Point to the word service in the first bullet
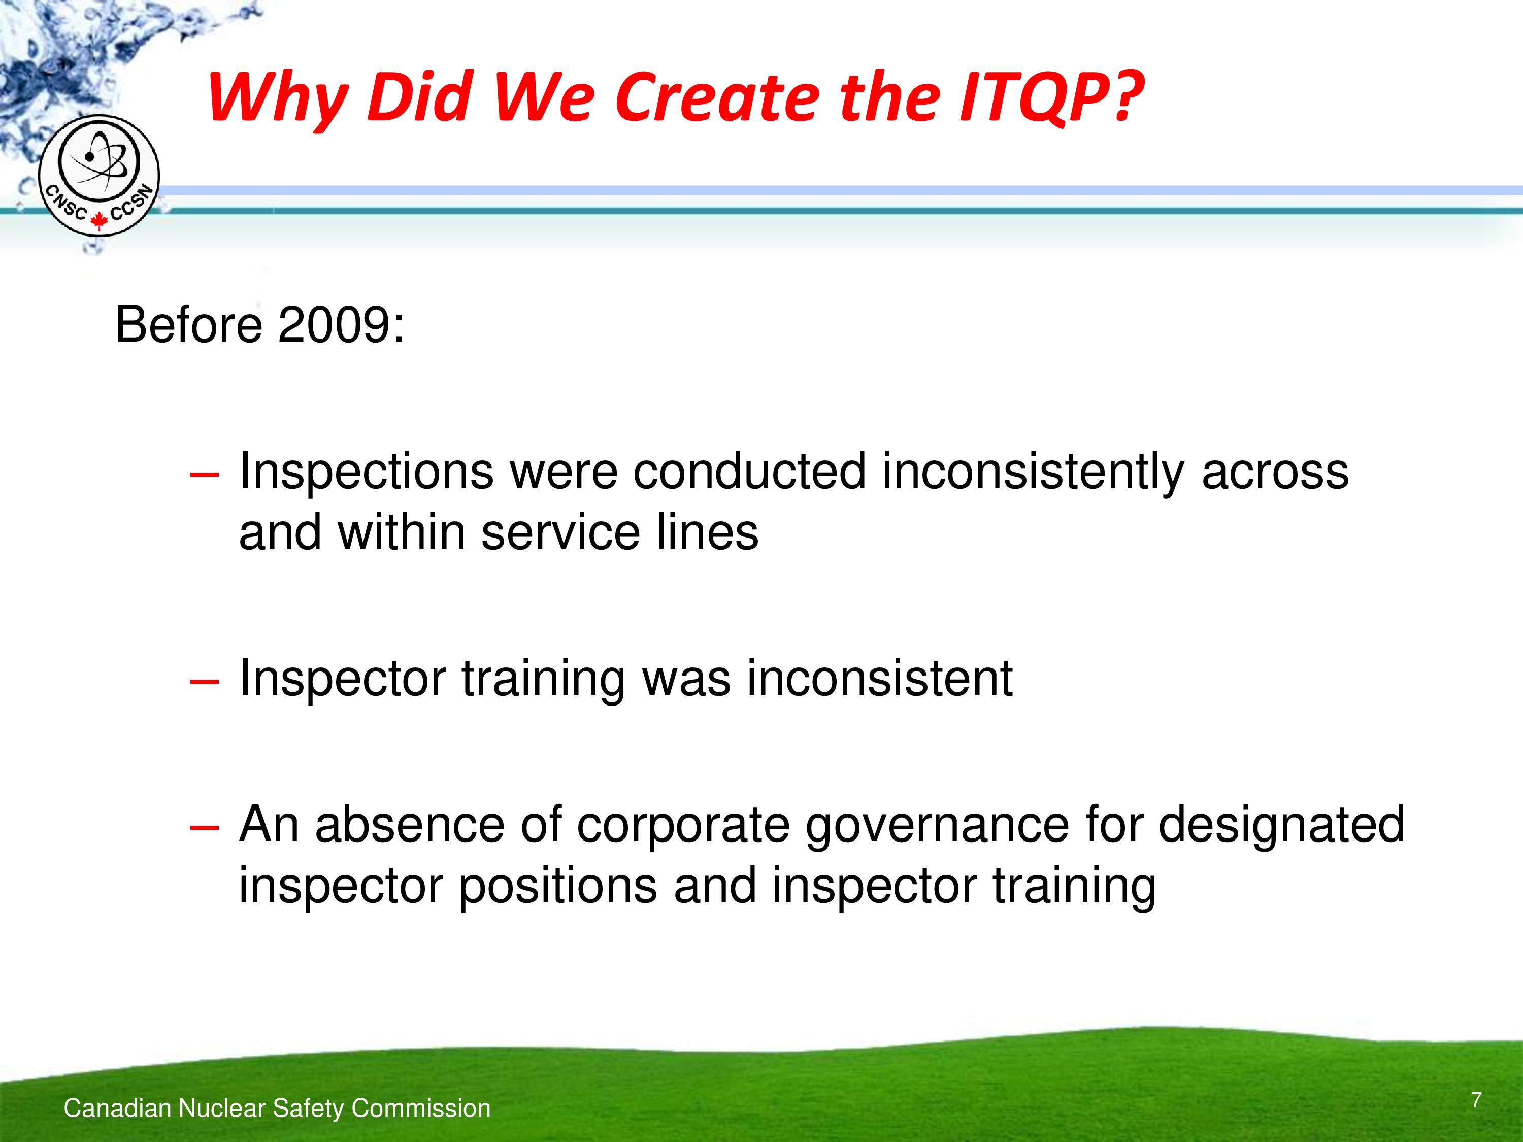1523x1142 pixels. click(560, 532)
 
